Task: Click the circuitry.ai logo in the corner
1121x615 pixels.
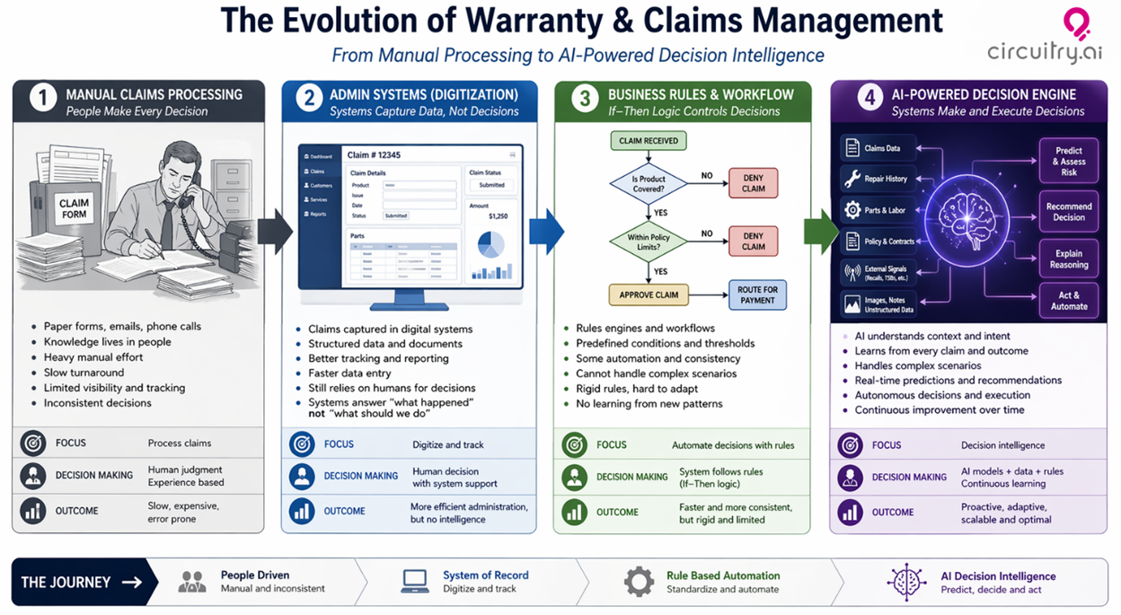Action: pyautogui.click(x=1044, y=36)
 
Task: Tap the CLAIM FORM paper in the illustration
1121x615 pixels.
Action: pyautogui.click(x=74, y=208)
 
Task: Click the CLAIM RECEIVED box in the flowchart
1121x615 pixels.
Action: pyautogui.click(x=648, y=141)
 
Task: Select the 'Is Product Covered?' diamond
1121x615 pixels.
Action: pyautogui.click(x=648, y=184)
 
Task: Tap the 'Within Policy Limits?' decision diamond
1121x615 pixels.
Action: pyautogui.click(x=648, y=241)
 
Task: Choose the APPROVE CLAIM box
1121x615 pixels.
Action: pyautogui.click(x=648, y=294)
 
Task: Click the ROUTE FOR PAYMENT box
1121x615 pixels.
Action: pyautogui.click(x=756, y=294)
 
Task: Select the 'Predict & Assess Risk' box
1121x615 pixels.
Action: pyautogui.click(x=1069, y=161)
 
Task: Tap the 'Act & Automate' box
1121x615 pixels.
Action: pyautogui.click(x=1069, y=301)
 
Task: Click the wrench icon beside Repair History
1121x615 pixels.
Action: pyautogui.click(x=852, y=179)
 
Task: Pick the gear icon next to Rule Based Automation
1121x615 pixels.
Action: pyautogui.click(x=639, y=582)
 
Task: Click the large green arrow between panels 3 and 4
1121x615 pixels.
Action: pyautogui.click(x=819, y=232)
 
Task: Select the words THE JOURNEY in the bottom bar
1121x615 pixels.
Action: pyautogui.click(x=66, y=582)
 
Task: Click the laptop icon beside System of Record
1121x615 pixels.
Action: pyautogui.click(x=415, y=582)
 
